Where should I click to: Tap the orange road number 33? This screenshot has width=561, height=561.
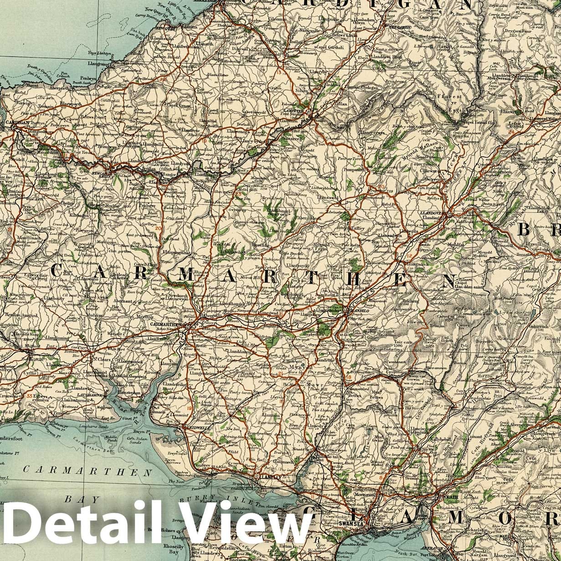(x=30, y=396)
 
